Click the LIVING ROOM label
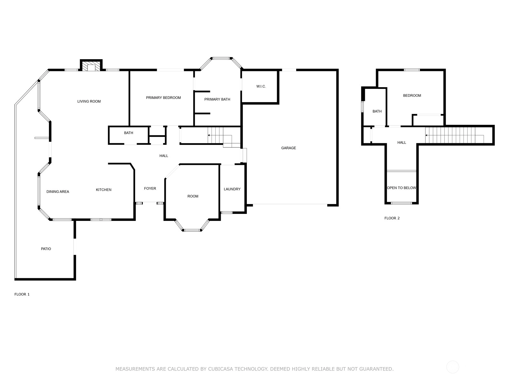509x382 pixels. point(89,101)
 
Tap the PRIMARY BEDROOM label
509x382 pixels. point(164,98)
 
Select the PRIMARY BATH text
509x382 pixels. point(217,99)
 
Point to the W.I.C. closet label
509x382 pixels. point(261,86)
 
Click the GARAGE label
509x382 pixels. point(289,148)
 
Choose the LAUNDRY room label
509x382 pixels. point(232,189)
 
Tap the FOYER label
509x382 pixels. point(150,188)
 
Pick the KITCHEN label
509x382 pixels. point(104,189)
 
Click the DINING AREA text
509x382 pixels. point(58,191)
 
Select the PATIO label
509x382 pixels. point(46,249)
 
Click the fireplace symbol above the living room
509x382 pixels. point(91,66)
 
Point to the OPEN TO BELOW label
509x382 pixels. point(402,187)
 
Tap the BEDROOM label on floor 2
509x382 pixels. point(412,95)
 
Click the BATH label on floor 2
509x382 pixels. point(377,111)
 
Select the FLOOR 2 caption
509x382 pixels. point(392,218)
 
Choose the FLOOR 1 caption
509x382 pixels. point(22,294)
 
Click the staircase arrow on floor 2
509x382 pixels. point(455,136)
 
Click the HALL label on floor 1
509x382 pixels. point(164,156)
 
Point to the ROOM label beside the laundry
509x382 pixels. point(193,196)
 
